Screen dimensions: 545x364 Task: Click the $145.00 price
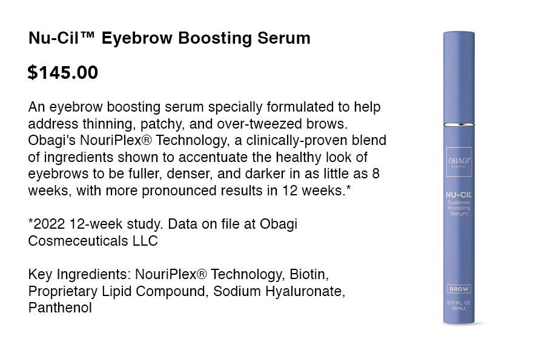[x=63, y=72]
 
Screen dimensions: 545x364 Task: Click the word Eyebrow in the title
[x=137, y=38]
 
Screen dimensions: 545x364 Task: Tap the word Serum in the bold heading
[x=283, y=38]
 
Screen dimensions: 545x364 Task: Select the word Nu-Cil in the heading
[x=53, y=38]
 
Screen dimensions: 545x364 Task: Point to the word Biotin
[x=309, y=274]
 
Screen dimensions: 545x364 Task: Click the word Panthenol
[x=60, y=308]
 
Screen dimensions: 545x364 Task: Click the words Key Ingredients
[x=79, y=275]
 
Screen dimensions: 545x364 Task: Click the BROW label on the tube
[x=459, y=289]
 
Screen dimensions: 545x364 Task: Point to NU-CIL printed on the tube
[x=459, y=195]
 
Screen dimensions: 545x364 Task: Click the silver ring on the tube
[x=459, y=124]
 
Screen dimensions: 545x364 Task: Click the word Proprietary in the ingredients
[x=63, y=292]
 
